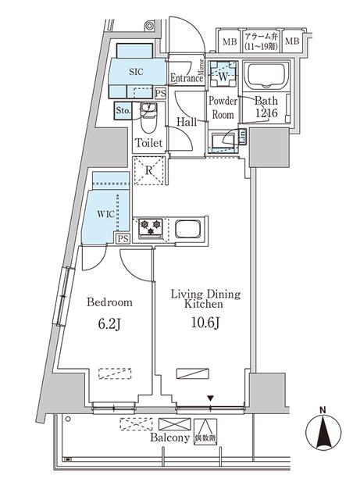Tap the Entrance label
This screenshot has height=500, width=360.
pyautogui.click(x=186, y=78)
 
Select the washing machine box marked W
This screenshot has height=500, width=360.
pyautogui.click(x=223, y=76)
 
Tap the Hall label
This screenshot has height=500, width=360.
pyautogui.click(x=187, y=122)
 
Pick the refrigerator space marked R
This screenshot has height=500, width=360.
pyautogui.click(x=148, y=170)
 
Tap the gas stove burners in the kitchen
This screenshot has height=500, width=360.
pyautogui.click(x=150, y=227)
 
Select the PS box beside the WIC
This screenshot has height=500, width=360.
pyautogui.click(x=122, y=239)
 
